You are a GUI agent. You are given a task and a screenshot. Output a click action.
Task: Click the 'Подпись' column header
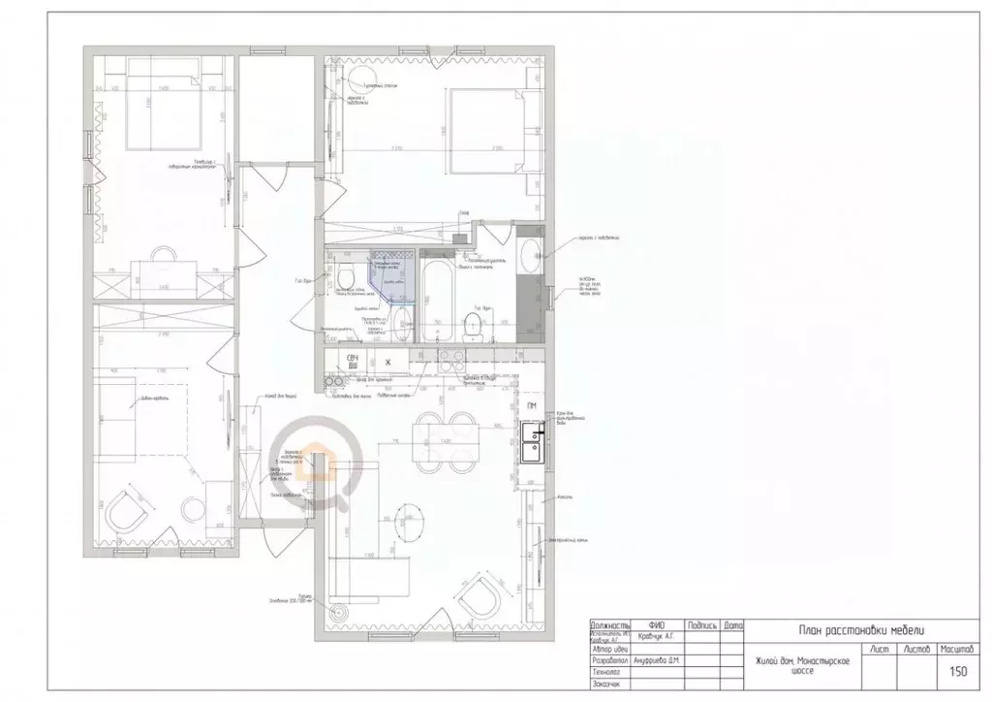pos(700,625)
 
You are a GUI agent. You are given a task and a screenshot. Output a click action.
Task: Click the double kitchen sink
pos(532,441)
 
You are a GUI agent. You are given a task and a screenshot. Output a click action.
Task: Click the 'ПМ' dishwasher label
pos(532,406)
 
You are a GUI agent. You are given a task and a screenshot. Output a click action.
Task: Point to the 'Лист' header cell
pos(882,649)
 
